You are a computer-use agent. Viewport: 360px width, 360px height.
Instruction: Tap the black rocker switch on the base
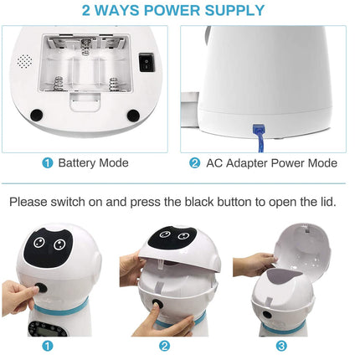148,62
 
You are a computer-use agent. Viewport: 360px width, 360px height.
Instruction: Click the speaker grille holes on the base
25,62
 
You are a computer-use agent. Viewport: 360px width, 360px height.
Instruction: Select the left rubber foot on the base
37,116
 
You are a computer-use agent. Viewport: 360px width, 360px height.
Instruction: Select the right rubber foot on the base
133,116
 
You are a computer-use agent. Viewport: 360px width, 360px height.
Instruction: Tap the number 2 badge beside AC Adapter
194,162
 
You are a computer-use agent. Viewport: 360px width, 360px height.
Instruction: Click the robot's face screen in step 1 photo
48,247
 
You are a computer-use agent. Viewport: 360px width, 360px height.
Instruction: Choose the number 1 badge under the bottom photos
47,345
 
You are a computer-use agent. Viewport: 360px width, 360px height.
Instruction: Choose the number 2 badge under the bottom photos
165,345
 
